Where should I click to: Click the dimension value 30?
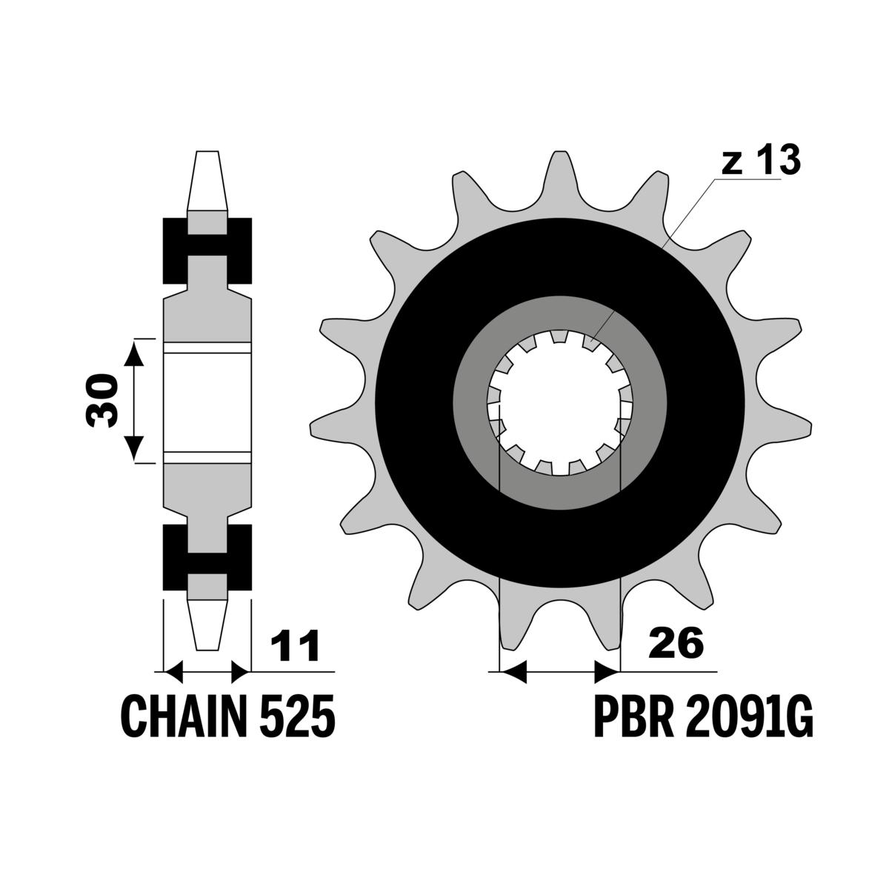[x=101, y=401]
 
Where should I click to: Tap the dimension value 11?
[x=295, y=645]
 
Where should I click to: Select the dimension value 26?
[x=676, y=642]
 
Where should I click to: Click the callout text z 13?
[x=761, y=159]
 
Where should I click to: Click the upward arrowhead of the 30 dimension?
[x=134, y=353]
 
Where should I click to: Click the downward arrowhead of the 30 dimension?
[x=134, y=447]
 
